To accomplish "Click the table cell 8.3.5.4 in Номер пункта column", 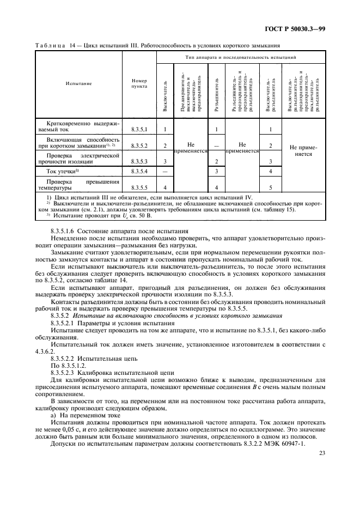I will (x=139, y=172).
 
